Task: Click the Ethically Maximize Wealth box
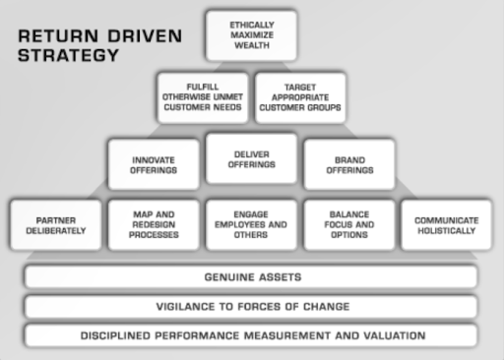coord(251,35)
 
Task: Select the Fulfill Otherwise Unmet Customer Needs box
coord(203,97)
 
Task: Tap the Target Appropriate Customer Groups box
coord(300,97)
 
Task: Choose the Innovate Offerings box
coord(154,164)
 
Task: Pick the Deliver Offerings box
coord(251,158)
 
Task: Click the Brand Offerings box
coord(349,164)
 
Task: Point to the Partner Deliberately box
coord(56,225)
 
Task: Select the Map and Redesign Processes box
coord(154,225)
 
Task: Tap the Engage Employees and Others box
coord(251,225)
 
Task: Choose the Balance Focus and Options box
coord(349,225)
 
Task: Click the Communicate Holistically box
coord(446,225)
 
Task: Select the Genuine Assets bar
coord(251,277)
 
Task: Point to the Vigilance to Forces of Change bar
coord(251,307)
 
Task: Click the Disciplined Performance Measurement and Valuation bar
coord(251,335)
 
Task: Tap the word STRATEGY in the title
coord(68,55)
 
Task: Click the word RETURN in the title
coord(58,35)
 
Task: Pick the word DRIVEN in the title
coord(145,35)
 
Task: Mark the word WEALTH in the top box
coord(252,45)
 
